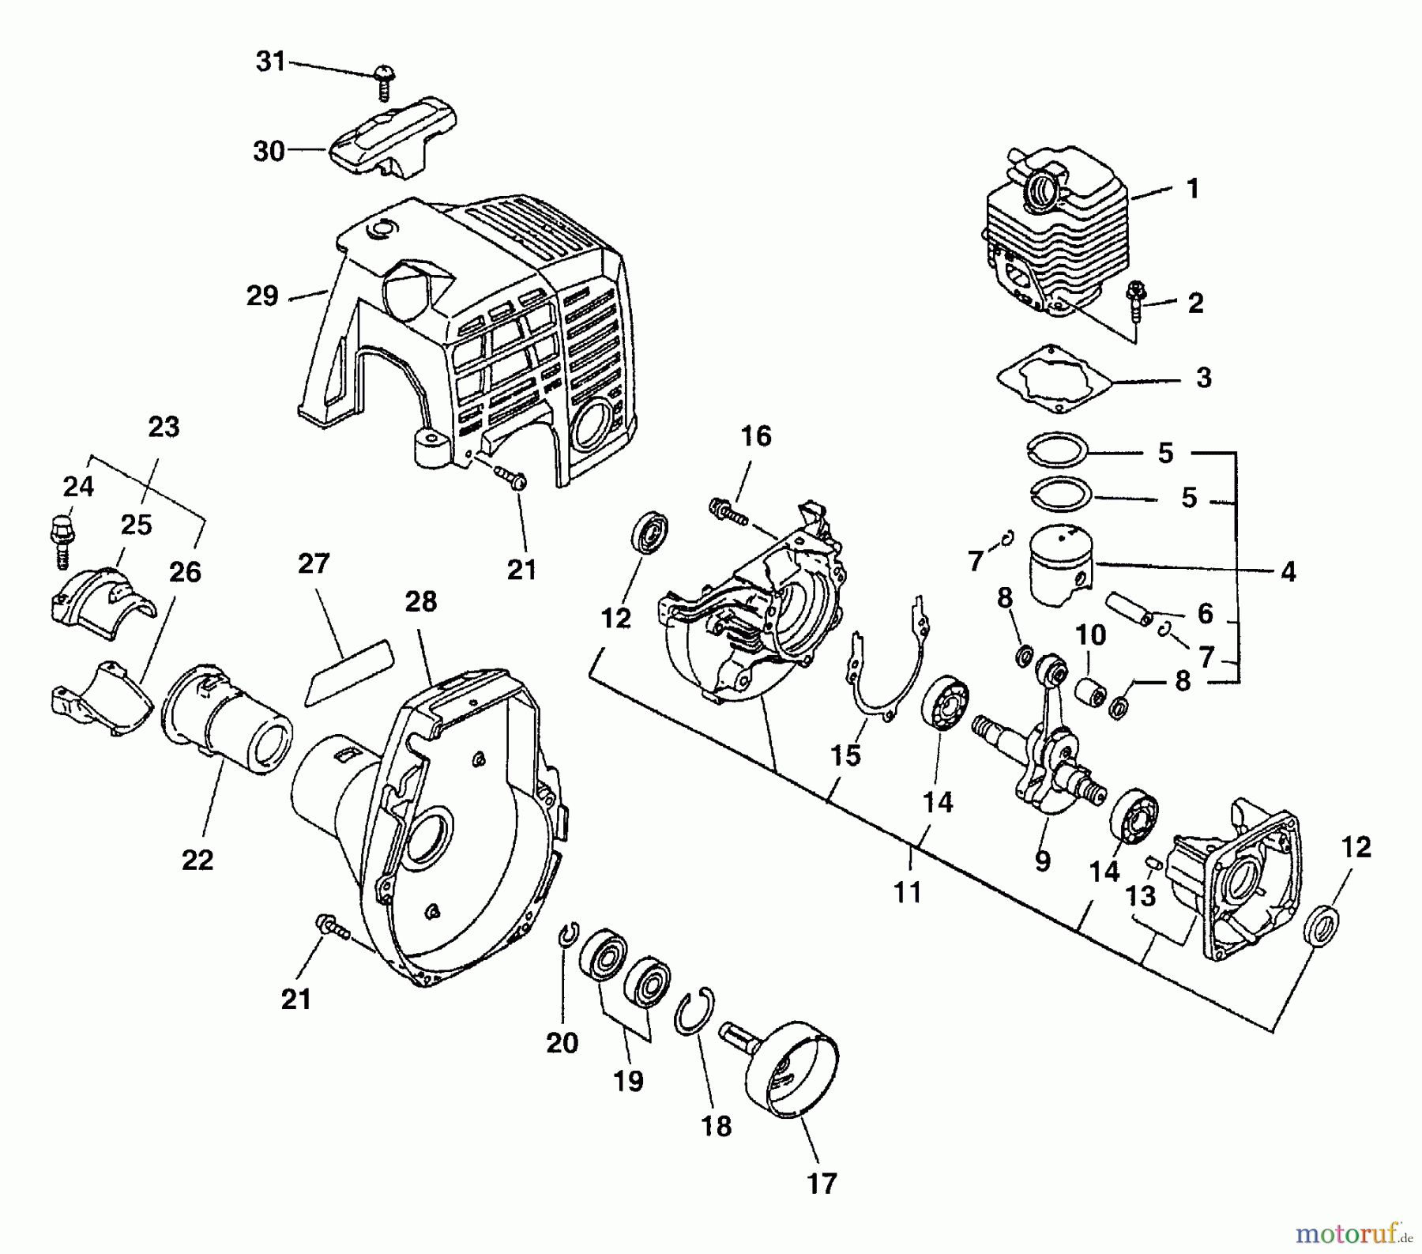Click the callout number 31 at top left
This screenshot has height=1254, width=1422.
pyautogui.click(x=271, y=61)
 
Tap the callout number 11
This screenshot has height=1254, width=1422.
pyautogui.click(x=908, y=892)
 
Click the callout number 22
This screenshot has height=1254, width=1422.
pyautogui.click(x=197, y=859)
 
